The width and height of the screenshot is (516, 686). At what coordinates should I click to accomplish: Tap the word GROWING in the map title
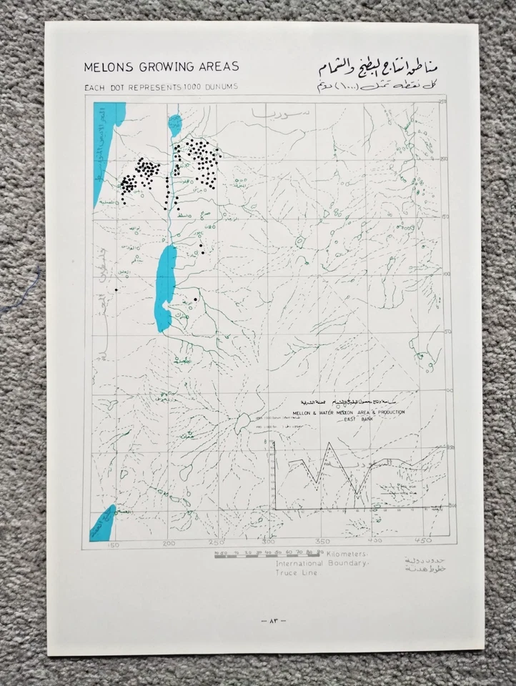pyautogui.click(x=162, y=67)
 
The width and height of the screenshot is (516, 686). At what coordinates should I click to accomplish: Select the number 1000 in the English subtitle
pyautogui.click(x=191, y=86)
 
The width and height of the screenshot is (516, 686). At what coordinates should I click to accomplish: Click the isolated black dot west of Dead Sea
pyautogui.click(x=116, y=289)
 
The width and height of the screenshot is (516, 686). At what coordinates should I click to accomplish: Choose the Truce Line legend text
pyautogui.click(x=295, y=573)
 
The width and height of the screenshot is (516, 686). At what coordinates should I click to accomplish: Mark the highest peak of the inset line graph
pyautogui.click(x=329, y=442)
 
